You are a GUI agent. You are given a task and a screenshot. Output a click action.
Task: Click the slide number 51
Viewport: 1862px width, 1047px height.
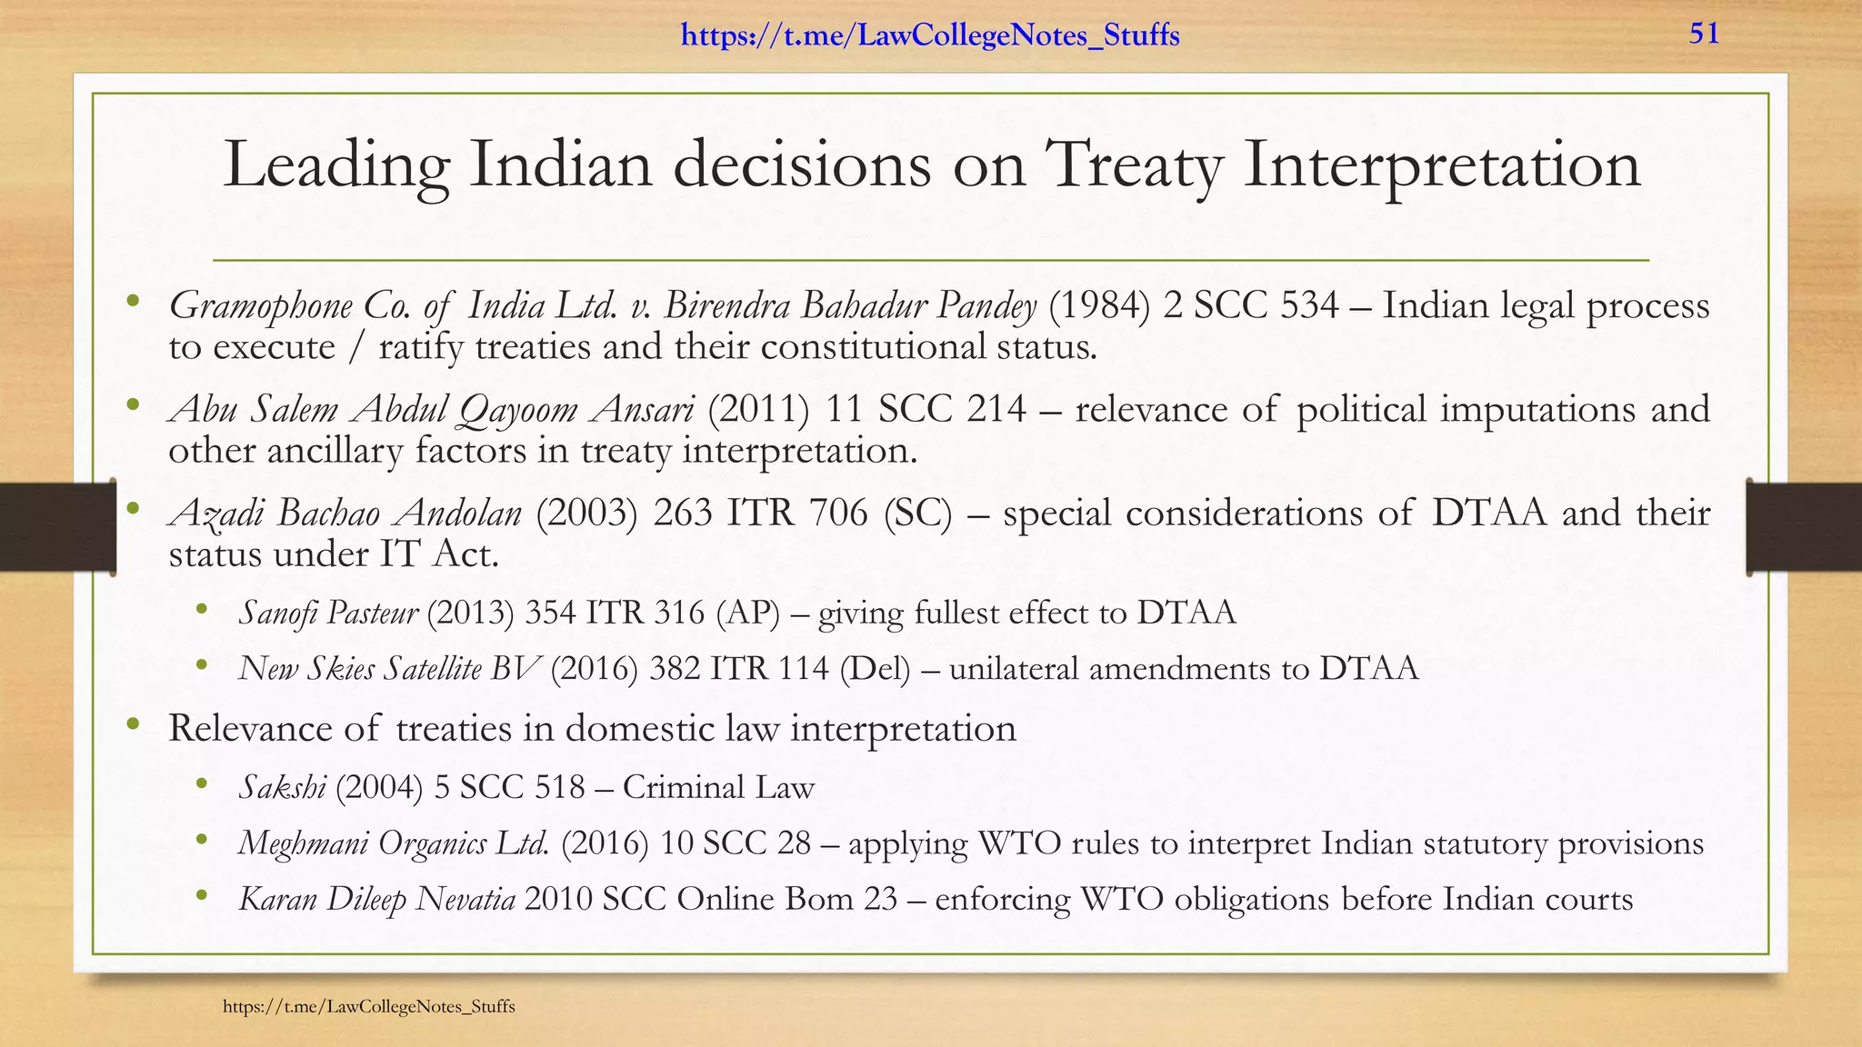tap(1704, 35)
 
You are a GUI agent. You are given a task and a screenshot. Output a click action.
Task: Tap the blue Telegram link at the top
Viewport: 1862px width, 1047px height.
tap(930, 36)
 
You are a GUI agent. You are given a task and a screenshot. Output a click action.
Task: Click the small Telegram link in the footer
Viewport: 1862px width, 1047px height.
tap(369, 1006)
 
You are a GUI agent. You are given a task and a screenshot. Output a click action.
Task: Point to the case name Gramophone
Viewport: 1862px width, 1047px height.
tap(261, 307)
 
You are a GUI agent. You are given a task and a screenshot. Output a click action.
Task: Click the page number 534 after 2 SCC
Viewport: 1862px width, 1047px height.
tap(1309, 306)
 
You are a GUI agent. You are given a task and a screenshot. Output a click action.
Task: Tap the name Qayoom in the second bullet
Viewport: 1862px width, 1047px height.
tap(518, 411)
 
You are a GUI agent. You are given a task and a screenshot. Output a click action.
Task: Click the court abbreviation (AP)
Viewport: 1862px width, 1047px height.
tap(748, 613)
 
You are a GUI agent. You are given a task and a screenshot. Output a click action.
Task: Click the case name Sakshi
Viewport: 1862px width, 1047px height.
tap(282, 787)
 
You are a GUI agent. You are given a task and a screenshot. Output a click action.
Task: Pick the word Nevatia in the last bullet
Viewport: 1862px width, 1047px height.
tap(465, 900)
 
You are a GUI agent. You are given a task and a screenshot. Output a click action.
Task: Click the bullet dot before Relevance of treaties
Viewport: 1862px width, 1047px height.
tap(134, 724)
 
